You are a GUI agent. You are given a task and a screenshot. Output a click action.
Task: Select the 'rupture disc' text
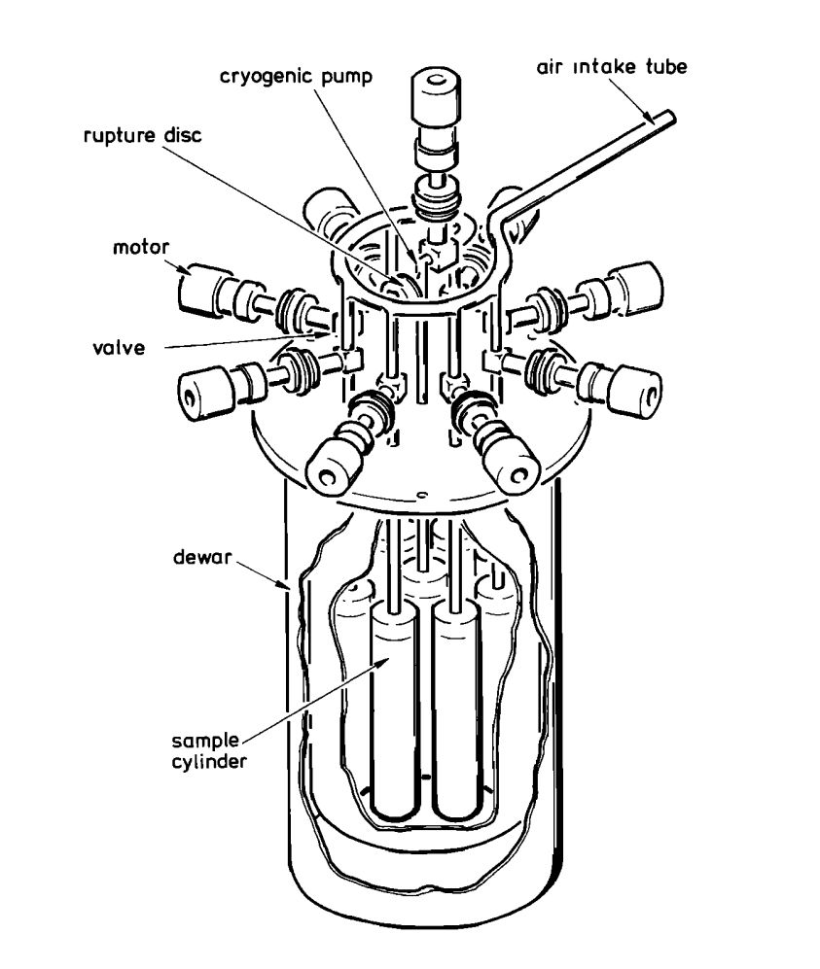(x=141, y=136)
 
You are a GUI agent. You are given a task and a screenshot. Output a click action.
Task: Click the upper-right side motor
(x=635, y=284)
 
